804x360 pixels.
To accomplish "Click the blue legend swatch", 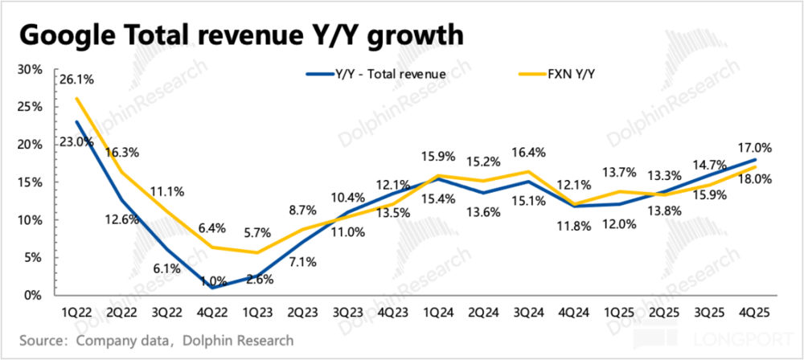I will click(x=319, y=74).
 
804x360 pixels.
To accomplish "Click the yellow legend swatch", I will click(x=532, y=74).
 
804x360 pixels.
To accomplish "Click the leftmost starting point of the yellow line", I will click(x=77, y=99).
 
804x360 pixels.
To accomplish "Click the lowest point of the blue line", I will click(x=212, y=287).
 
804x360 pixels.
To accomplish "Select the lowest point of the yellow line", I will click(x=256, y=252).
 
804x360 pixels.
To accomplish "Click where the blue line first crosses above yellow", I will click(x=334, y=219).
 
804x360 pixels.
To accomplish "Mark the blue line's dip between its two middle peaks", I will click(x=482, y=193).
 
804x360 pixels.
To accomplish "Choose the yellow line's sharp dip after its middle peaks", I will click(x=574, y=202).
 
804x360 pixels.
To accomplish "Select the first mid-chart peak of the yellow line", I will click(x=438, y=174).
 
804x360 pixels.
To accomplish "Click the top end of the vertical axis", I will click(x=55, y=67).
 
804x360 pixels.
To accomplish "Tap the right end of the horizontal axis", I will click(x=777, y=297).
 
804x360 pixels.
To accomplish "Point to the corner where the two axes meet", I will click(x=55, y=297).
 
